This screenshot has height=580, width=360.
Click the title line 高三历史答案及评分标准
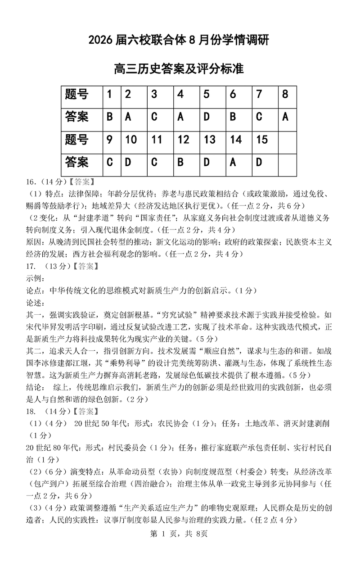click(179, 69)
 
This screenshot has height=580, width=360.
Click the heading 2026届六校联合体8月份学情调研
click(179, 41)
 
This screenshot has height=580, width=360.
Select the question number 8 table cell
click(285, 95)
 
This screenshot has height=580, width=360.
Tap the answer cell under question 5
click(207, 117)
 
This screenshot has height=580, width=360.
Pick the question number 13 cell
click(209, 140)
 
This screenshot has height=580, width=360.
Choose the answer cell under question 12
click(180, 162)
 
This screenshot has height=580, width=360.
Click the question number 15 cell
click(262, 140)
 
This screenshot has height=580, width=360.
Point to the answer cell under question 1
click(109, 117)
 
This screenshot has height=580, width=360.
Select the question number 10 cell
click(130, 140)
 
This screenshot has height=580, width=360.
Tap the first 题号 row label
click(77, 95)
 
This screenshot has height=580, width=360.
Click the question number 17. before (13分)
click(32, 266)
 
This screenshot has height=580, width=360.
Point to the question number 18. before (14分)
click(32, 411)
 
